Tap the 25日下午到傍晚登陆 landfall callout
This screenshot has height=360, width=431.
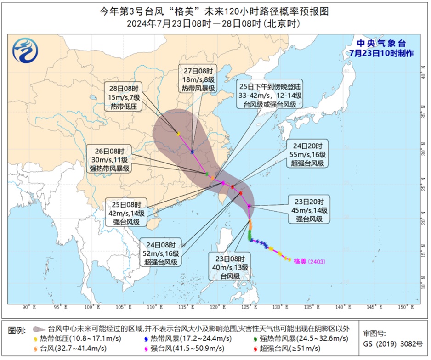point(270,96)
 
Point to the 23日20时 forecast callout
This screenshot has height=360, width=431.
point(308,210)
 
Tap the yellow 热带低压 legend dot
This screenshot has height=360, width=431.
point(36,339)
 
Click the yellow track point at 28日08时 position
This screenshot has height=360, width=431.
point(178,134)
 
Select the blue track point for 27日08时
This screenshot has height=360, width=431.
point(192,152)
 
